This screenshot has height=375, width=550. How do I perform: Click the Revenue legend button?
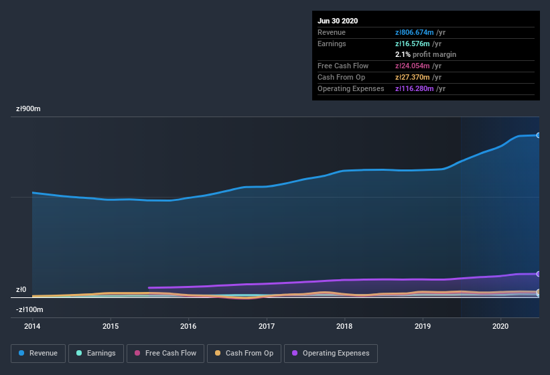pyautogui.click(x=38, y=353)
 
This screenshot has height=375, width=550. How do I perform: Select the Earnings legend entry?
pyautogui.click(x=96, y=353)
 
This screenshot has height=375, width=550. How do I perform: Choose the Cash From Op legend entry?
pyautogui.click(x=244, y=353)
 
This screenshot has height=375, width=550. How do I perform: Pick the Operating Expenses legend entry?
pyautogui.click(x=331, y=353)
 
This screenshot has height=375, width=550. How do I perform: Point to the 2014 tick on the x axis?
pyautogui.click(x=32, y=326)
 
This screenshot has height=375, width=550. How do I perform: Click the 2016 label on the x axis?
pyautogui.click(x=188, y=326)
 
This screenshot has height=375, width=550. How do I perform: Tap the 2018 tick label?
pyautogui.click(x=344, y=326)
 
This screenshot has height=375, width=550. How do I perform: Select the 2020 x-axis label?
pyautogui.click(x=500, y=326)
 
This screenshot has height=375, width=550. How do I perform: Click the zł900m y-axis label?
pyautogui.click(x=29, y=108)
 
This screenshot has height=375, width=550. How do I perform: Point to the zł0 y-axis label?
pyautogui.click(x=21, y=290)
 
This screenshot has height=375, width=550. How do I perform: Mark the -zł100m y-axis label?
pyautogui.click(x=29, y=309)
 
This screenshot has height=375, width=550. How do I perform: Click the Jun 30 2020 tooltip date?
pyautogui.click(x=338, y=21)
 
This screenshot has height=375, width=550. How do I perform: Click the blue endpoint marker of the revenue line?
pyautogui.click(x=539, y=135)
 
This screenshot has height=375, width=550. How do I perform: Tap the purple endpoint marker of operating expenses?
pyautogui.click(x=539, y=274)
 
